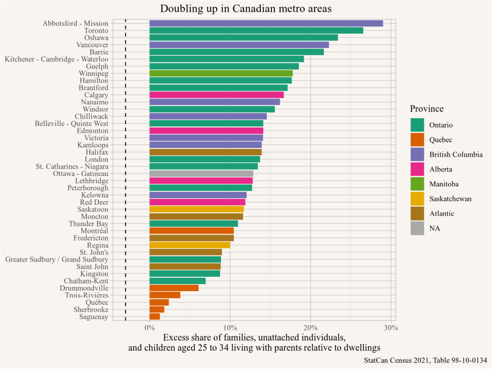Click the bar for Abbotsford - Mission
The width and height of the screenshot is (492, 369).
pyautogui.click(x=266, y=23)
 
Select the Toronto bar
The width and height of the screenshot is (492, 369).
pyautogui.click(x=256, y=30)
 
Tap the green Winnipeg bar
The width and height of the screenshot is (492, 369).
pyautogui.click(x=221, y=74)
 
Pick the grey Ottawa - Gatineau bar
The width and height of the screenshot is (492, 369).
pyautogui.click(x=201, y=173)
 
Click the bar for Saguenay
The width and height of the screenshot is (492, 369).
pyautogui.click(x=155, y=316)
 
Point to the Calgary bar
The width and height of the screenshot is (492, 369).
pyautogui.click(x=217, y=95)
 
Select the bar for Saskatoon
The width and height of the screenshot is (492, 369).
pyautogui.click(x=197, y=209)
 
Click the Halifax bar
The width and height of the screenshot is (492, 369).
pyautogui.click(x=206, y=152)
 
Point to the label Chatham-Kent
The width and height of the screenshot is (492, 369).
pyautogui.click(x=86, y=281)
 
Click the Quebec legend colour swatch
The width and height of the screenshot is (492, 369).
pyautogui.click(x=417, y=140)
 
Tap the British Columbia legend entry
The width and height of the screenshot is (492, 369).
pyautogui.click(x=456, y=154)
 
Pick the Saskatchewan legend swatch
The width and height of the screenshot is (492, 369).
pyautogui.click(x=417, y=199)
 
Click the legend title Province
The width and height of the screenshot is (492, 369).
pyautogui.click(x=427, y=109)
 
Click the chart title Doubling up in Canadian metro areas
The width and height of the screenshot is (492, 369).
pyautogui.click(x=246, y=9)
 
